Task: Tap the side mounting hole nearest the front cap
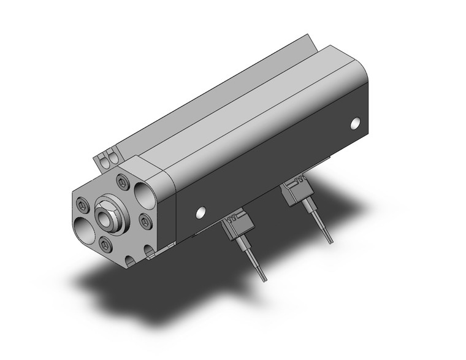pos(200,213)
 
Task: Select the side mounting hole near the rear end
pos(355,124)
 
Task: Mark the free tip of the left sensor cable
pos(264,279)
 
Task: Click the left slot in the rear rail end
pos(104,161)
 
